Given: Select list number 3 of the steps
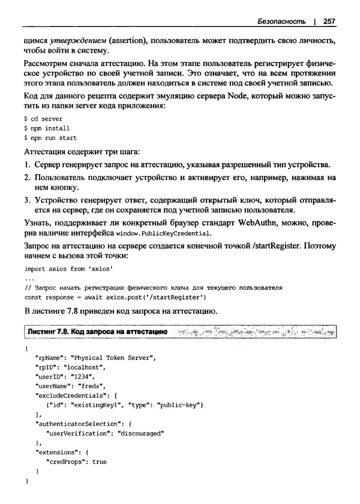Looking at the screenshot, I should pyautogui.click(x=27, y=200).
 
